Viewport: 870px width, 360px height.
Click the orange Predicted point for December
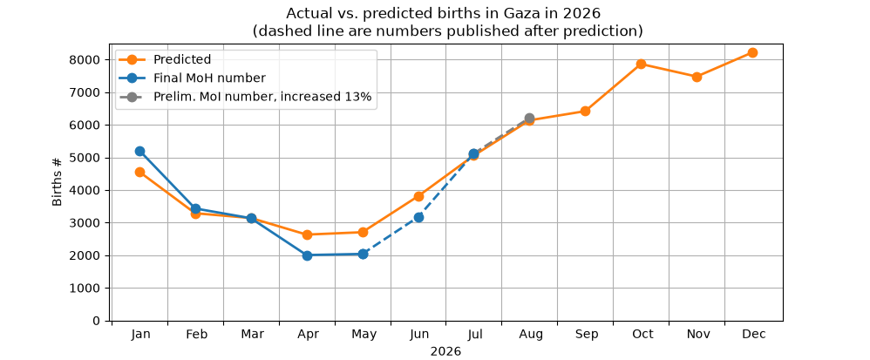(x=752, y=52)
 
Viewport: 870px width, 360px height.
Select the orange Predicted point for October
(x=641, y=64)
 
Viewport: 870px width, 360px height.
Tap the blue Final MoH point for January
(x=139, y=151)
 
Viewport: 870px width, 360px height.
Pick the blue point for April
(x=307, y=255)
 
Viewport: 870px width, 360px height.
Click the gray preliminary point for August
(x=529, y=119)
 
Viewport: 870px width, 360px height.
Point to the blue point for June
(x=418, y=217)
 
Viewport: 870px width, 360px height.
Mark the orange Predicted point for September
(x=585, y=111)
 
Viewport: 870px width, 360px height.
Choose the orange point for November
(x=697, y=77)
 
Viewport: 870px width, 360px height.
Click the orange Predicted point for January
(x=139, y=172)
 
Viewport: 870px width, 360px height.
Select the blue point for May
(x=363, y=254)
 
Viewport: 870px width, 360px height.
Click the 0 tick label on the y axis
(x=96, y=321)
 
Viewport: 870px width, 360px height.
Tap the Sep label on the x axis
(x=587, y=335)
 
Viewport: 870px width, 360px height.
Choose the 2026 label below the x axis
(x=445, y=351)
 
